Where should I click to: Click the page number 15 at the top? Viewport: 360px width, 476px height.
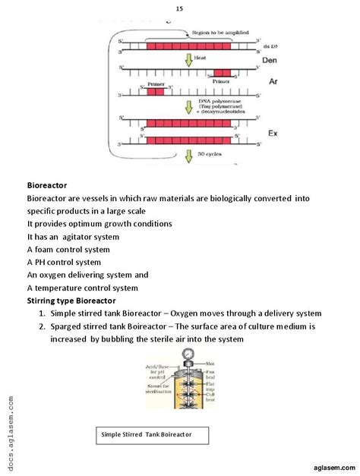point(179,8)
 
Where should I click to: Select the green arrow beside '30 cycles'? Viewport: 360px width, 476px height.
point(189,156)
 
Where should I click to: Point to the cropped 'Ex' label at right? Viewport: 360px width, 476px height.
point(270,133)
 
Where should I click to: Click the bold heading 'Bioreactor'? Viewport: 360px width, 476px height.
point(47,184)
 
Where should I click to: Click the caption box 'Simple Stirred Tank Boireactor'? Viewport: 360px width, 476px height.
point(145,435)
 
